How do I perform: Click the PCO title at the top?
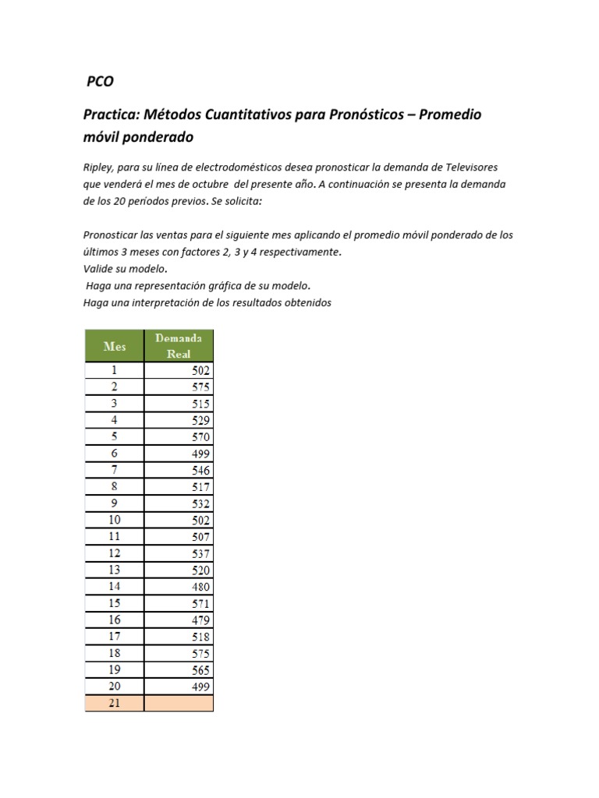click(100, 81)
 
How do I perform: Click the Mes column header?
click(115, 346)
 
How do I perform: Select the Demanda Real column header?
click(179, 345)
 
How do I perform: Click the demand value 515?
click(200, 404)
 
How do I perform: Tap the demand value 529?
click(200, 421)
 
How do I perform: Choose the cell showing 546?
click(200, 471)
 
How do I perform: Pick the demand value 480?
click(200, 587)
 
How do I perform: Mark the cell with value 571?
click(200, 604)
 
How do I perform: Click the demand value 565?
click(200, 670)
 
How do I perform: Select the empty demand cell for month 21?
click(179, 703)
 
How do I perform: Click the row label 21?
click(115, 703)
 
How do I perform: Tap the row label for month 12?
click(115, 554)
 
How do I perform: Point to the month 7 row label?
click(115, 471)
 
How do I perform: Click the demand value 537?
click(200, 554)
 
